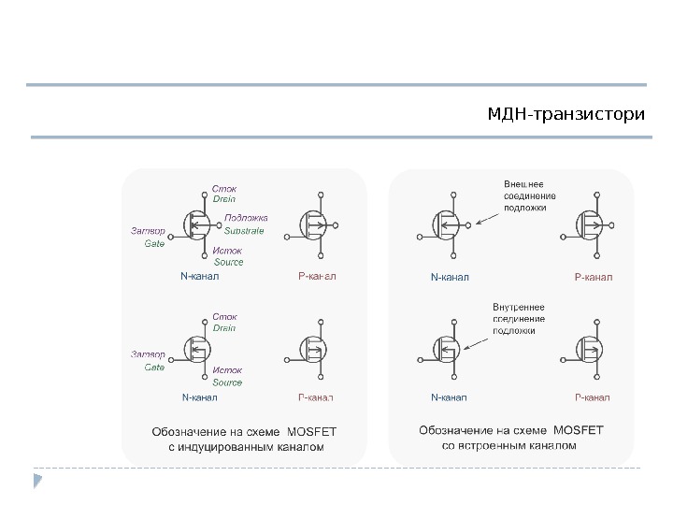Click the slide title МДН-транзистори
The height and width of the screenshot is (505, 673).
(x=566, y=115)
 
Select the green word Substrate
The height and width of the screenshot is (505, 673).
(x=244, y=229)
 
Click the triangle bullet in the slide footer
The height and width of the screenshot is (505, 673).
(x=37, y=481)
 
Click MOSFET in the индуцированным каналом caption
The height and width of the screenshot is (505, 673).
(x=316, y=431)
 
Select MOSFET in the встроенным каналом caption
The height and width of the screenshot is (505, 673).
(x=580, y=429)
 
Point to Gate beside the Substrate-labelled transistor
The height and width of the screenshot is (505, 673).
(x=153, y=243)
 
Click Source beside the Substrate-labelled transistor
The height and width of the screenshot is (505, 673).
(x=227, y=262)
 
